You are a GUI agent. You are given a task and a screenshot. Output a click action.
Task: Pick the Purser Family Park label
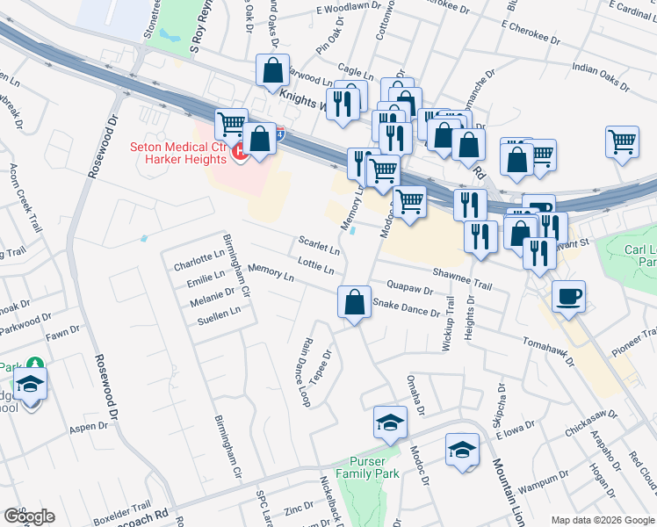coord(374,467)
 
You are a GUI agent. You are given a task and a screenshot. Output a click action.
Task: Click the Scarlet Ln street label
coord(319,243)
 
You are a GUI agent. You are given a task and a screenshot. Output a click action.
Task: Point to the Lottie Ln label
coord(316,263)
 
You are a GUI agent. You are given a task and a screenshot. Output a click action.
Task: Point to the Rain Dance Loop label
coord(305,373)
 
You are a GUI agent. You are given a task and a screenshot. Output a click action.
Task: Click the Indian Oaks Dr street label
coord(601,77)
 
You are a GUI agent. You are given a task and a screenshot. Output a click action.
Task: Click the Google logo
coord(29,516)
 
